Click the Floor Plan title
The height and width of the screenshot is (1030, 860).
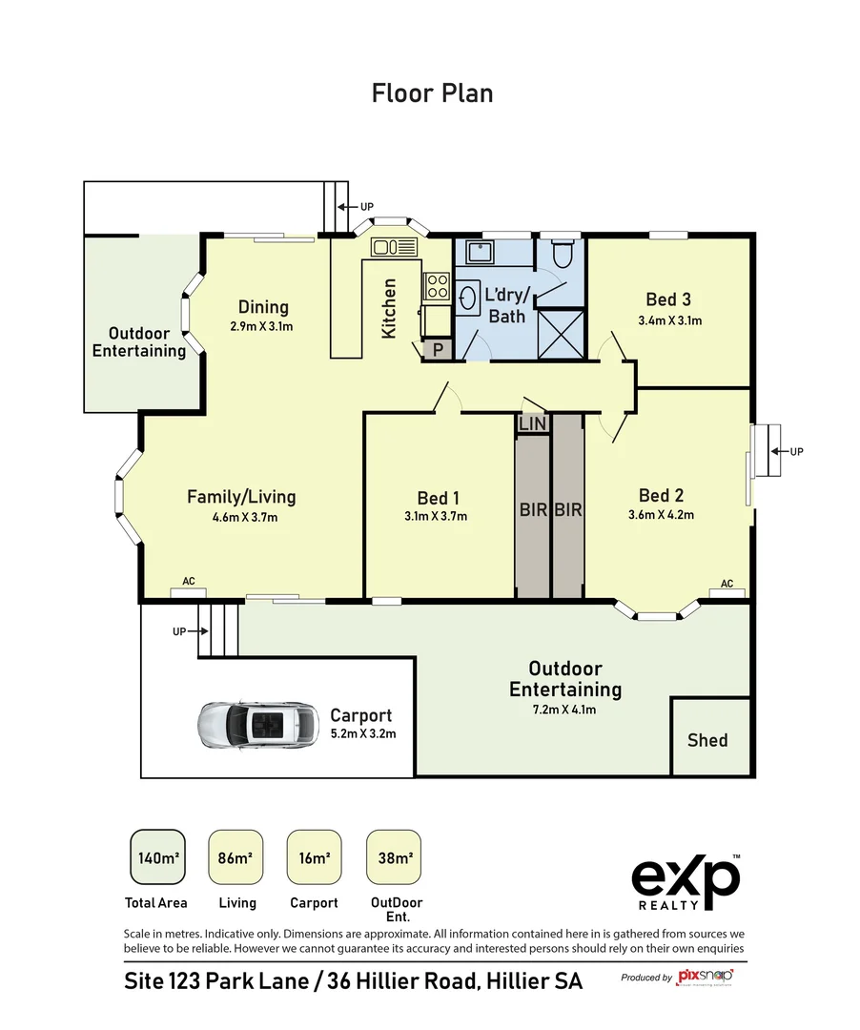[432, 93]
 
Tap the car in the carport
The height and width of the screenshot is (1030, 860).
[257, 725]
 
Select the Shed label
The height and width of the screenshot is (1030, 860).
[707, 740]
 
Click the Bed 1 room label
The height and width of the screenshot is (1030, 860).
[438, 498]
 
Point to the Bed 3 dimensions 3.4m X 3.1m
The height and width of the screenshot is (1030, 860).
[669, 320]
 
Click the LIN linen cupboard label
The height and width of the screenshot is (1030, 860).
[532, 423]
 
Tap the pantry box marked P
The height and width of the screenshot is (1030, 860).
[438, 350]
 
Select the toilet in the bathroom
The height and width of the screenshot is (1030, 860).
[561, 255]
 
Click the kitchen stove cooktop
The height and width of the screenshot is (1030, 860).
[437, 285]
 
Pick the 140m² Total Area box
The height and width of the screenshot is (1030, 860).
[155, 858]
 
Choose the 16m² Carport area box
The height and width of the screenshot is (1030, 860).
[314, 858]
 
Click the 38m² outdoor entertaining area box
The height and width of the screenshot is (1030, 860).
[394, 858]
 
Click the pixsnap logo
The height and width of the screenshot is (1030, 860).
[704, 977]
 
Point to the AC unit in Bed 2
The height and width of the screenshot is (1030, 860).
[727, 593]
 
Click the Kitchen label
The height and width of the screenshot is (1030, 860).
[389, 308]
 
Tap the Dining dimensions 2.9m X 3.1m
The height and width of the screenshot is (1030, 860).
[261, 326]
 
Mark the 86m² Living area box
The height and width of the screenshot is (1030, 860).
[235, 858]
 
